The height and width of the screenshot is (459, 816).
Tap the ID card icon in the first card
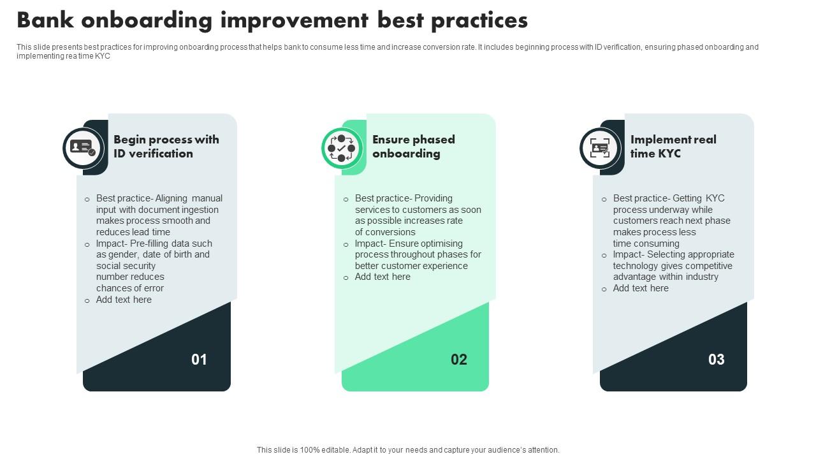tap(83, 148)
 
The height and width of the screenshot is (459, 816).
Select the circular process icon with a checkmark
tap(341, 148)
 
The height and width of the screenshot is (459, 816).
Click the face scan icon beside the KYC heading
tap(600, 148)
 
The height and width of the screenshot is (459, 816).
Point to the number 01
tap(200, 360)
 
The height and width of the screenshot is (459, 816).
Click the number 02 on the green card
tap(459, 360)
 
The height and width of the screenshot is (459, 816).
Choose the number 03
tap(717, 360)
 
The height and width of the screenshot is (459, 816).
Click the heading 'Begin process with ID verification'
tap(166, 147)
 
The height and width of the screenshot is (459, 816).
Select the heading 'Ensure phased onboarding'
tap(413, 147)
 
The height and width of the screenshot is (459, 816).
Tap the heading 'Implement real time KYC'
tap(673, 147)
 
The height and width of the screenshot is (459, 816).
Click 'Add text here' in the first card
tap(124, 300)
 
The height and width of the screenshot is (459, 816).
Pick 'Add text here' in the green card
tap(382, 277)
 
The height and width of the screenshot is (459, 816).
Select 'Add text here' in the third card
tap(641, 288)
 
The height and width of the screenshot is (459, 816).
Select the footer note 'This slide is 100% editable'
tap(408, 450)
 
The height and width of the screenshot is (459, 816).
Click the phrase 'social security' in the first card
tap(126, 266)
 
